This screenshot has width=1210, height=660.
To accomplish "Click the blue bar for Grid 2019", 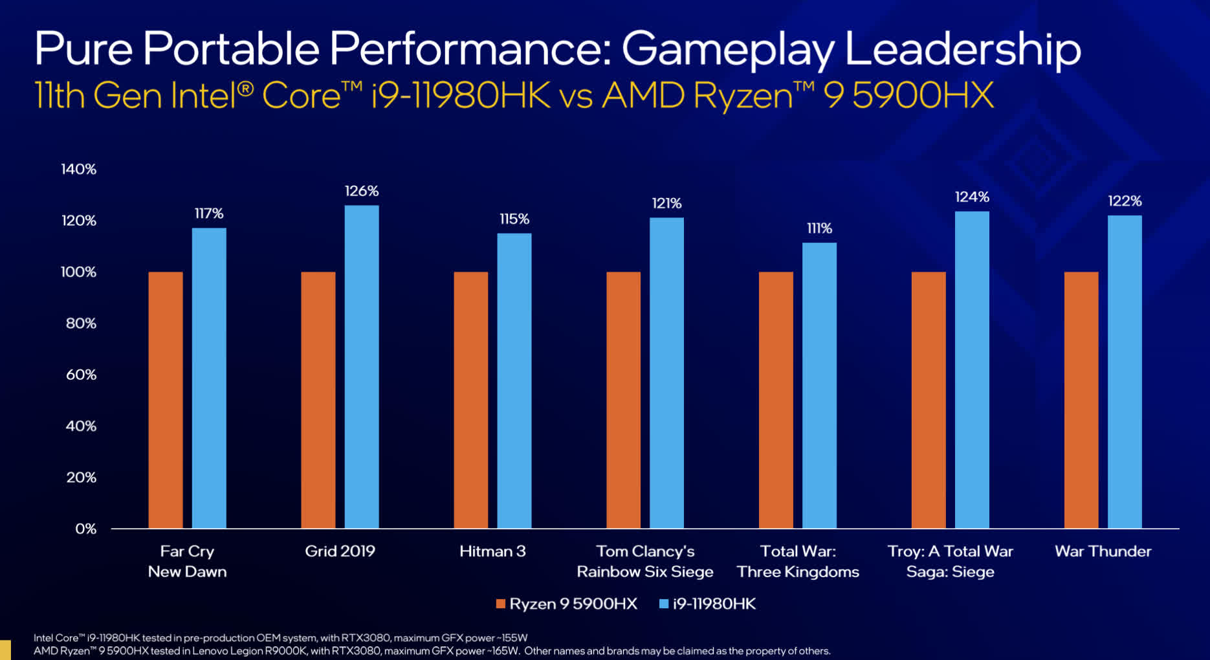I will pos(361,366).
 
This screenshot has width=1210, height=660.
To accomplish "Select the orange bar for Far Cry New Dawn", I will pos(166,400).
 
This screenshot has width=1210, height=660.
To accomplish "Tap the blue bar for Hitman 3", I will pos(514,380).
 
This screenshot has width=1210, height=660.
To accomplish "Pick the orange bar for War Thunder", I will pos(1081,400).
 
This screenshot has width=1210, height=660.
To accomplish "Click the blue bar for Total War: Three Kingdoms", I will pos(819,385).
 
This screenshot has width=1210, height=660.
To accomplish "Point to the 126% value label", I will pos(361,191).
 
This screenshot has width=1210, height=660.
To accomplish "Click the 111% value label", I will pos(819,228).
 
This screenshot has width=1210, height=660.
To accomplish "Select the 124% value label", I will pos(972,197).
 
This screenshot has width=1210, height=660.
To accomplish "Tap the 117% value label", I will pos(209,214).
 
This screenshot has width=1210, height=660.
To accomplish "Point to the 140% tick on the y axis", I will pos(79,170).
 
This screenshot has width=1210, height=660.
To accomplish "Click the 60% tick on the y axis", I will pos(81,375).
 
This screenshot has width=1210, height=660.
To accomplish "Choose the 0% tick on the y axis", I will pos(85,529).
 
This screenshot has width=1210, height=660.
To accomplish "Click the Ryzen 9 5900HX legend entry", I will pos(566,604).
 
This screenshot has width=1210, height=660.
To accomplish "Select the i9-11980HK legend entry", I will pos(707,604).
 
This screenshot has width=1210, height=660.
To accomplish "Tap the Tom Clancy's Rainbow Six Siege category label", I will pos(645,561).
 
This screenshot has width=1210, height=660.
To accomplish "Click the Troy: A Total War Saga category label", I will pos(950,561).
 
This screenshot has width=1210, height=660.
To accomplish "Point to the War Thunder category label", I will pos(1103,551).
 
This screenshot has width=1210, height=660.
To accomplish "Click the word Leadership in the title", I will pos(962,49).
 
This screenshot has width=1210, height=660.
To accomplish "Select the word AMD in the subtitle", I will pos(643,96).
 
